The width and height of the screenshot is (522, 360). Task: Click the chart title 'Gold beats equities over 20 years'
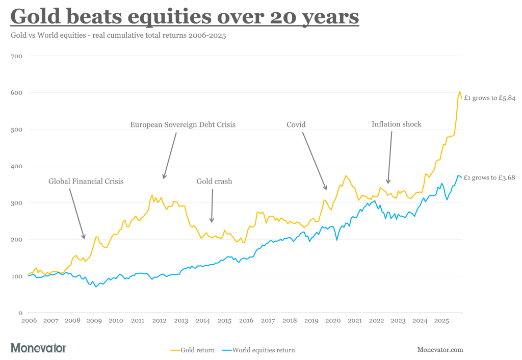185,16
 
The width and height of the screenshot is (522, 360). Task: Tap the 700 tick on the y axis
16,56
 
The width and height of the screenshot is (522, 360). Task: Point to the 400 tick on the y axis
16,166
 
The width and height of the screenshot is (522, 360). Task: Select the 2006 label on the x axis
29,321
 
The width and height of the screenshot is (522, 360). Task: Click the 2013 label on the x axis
181,321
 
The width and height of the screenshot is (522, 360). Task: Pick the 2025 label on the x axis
441,321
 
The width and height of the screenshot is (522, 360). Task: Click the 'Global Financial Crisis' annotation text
86,181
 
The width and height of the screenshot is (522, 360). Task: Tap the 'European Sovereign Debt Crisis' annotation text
182,124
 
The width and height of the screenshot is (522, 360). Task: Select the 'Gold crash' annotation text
214,181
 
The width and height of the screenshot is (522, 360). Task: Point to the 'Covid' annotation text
296,124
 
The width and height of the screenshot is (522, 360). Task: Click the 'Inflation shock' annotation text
396,124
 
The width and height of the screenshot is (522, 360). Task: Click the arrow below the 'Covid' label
315,161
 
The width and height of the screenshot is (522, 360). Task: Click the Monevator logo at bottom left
38,348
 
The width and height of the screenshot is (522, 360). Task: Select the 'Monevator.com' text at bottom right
440,350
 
